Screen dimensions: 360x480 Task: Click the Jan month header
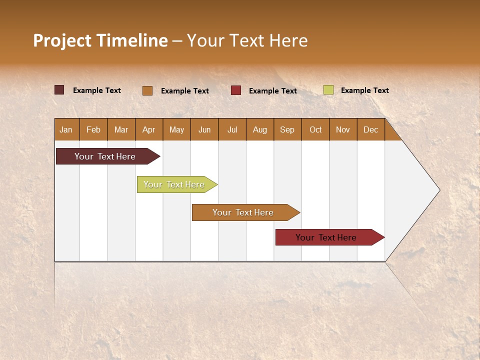66,129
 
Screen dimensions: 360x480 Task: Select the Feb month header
93,129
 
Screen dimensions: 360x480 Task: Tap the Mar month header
121,129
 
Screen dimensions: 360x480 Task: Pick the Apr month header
148,129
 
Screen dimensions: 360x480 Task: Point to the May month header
176,129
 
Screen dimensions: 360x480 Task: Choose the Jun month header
204,129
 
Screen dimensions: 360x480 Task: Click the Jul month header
232,129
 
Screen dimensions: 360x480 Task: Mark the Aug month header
259,129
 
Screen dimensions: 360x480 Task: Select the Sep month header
287,129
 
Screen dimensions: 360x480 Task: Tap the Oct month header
315,129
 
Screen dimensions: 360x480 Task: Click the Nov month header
342,129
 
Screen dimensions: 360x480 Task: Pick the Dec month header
370,129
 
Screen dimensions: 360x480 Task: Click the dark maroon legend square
59,90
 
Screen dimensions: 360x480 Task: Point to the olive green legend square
328,90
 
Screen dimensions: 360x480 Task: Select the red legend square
236,90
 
